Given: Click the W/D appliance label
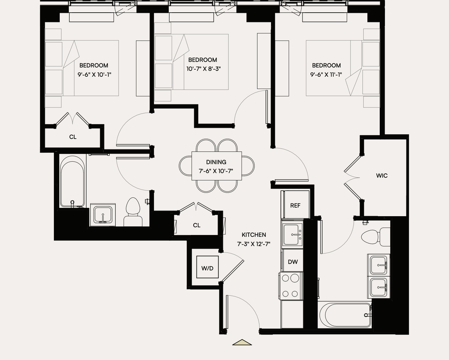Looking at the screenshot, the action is (207, 268).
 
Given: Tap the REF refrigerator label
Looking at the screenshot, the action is (295, 205).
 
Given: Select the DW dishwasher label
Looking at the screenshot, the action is (292, 262).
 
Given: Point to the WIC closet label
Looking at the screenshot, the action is (382, 175).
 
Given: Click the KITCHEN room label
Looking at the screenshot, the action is (254, 235).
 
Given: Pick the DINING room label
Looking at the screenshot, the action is (216, 162).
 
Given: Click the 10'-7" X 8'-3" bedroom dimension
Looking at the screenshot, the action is (203, 69).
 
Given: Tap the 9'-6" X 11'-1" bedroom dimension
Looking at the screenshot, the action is (326, 75).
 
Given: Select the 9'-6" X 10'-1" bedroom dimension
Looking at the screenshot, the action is (94, 75).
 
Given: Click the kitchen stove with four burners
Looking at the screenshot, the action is (289, 286).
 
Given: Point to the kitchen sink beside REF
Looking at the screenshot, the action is (292, 235).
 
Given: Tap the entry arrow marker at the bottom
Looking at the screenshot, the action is (242, 342).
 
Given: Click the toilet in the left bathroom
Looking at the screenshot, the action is (133, 212).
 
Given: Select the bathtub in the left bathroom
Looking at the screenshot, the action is (72, 181).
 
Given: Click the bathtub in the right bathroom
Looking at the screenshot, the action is (345, 315).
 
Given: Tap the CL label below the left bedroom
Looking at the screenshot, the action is (73, 137).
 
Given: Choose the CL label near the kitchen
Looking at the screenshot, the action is (196, 225).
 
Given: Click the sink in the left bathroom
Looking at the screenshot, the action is (103, 215).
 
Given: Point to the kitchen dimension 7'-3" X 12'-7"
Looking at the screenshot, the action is (254, 244).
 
